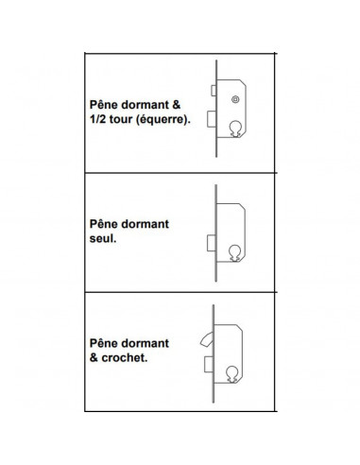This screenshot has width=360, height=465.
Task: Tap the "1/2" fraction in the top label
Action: [x=98, y=119]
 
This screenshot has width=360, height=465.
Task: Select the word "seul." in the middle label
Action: [x=103, y=238]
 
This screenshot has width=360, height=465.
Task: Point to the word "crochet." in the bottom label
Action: [x=125, y=358]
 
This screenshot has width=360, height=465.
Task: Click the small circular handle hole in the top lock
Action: [x=235, y=99]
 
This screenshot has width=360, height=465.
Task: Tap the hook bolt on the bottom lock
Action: [x=206, y=339]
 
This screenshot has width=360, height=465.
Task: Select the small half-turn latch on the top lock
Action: [x=214, y=91]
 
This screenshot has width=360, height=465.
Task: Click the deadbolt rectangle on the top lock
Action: [x=212, y=119]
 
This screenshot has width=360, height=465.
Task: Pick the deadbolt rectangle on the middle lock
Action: [x=211, y=243]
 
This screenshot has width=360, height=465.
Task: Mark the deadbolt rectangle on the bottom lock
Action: [x=209, y=364]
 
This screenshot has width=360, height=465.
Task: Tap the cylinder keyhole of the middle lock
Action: [x=234, y=253]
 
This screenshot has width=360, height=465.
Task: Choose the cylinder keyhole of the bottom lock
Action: [x=232, y=374]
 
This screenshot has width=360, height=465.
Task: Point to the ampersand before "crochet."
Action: [x=94, y=358]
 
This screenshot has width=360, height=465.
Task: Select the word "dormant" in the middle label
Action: [x=145, y=224]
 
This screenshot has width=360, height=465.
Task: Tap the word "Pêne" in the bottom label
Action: [x=104, y=343]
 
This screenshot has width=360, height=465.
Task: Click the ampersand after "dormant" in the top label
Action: [x=177, y=105]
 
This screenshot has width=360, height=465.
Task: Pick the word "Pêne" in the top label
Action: [x=104, y=105]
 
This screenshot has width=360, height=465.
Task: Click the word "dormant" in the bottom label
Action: [x=145, y=343]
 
